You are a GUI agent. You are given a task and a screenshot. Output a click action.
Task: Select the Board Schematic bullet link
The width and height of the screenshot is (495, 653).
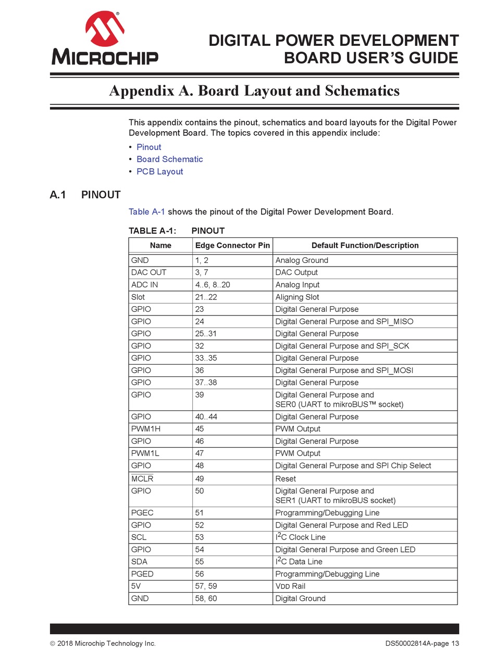(x=169, y=159)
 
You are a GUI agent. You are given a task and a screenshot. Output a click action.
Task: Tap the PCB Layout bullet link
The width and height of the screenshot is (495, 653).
(x=159, y=171)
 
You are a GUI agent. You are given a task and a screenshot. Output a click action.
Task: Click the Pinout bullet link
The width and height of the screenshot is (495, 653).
(x=148, y=147)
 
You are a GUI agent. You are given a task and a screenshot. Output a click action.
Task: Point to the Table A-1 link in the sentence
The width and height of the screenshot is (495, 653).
(x=147, y=212)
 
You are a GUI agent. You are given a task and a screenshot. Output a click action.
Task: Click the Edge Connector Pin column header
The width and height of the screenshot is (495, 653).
(x=232, y=245)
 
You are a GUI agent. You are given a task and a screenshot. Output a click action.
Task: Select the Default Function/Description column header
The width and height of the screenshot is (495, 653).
(x=365, y=245)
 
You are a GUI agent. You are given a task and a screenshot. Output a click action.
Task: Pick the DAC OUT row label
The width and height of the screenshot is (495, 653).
(x=148, y=272)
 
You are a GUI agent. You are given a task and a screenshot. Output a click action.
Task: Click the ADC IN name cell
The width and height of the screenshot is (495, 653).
(x=144, y=285)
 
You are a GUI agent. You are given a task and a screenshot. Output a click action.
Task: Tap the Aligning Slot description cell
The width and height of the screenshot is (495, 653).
(x=297, y=297)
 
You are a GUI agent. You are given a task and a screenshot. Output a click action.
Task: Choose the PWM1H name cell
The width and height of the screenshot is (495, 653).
(x=146, y=429)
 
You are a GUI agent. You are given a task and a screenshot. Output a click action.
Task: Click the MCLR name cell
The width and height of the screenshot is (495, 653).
(x=142, y=479)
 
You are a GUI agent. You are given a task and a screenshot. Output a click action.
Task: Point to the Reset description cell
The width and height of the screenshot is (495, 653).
(x=286, y=479)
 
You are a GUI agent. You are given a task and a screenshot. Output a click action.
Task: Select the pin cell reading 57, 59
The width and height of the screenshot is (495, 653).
(x=206, y=586)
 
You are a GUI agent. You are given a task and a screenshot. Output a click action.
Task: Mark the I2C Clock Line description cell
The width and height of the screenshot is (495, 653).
(x=300, y=537)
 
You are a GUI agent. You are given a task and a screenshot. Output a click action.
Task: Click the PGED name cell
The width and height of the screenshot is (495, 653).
(x=143, y=574)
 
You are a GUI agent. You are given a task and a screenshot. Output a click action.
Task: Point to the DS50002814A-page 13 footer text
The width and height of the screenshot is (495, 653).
(x=422, y=644)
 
